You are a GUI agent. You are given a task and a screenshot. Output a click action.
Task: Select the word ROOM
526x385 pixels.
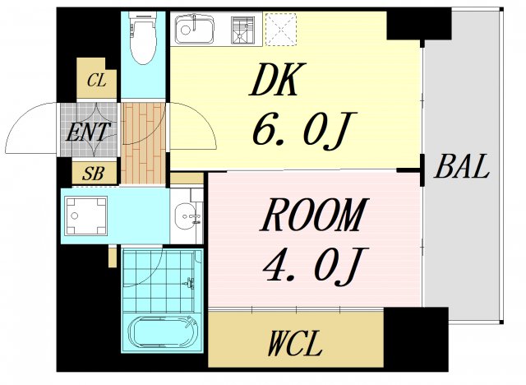[314, 216]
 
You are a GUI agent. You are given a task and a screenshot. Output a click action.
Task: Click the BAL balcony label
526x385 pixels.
[462, 166]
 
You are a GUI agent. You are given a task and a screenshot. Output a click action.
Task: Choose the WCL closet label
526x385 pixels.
[295, 343]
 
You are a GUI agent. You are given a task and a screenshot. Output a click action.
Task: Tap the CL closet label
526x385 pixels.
[97, 81]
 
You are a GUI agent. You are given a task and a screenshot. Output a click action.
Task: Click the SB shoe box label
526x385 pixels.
[93, 174]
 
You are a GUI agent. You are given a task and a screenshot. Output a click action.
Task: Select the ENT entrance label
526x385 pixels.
[89, 132]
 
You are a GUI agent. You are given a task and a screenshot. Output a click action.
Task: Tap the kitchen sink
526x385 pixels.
[195, 30]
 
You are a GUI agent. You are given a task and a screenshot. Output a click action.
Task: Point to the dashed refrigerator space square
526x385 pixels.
[281, 29]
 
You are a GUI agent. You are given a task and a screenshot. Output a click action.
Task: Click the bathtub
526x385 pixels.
[163, 333]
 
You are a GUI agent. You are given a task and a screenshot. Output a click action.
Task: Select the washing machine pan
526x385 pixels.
[85, 216]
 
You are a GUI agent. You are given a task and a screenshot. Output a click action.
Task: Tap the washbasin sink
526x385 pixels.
[187, 216]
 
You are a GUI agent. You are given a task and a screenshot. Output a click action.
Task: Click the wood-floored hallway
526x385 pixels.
[144, 143]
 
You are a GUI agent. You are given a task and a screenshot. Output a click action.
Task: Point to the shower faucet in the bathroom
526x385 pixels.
[189, 283]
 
